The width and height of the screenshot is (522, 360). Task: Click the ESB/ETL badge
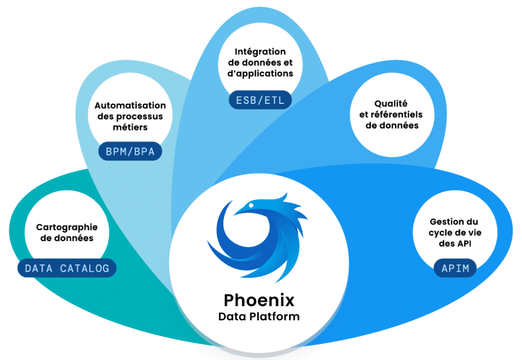coord(260,100)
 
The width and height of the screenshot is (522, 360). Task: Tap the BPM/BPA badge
coord(130,152)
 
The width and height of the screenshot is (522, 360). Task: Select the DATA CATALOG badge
coord(67,268)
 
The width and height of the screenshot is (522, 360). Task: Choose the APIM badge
coord(455,269)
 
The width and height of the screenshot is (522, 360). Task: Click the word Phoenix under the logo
coord(259,300)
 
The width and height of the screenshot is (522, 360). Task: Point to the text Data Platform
coord(259,316)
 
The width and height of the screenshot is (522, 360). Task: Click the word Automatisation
coord(130,105)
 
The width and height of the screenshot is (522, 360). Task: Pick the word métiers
coord(130,127)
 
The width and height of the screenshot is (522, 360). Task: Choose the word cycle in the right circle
coord(442,233)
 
